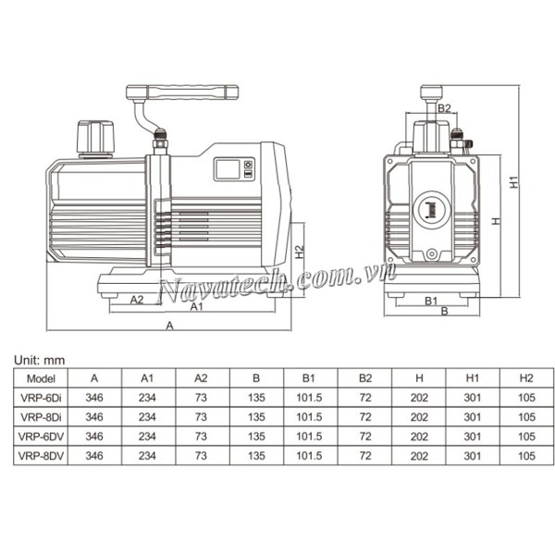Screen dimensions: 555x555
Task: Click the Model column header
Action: [x=42, y=377]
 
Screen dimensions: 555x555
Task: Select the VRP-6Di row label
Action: [x=42, y=397]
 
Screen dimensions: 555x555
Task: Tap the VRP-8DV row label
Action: [x=42, y=455]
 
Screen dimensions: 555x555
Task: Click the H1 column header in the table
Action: [x=473, y=377]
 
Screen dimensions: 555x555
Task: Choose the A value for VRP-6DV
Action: [x=93, y=436]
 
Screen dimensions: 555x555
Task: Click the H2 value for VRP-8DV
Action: [x=526, y=455]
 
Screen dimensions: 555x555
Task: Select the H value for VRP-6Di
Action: [x=419, y=397]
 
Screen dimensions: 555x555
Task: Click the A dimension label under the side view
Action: [x=168, y=326]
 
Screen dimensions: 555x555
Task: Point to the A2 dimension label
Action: [x=136, y=299]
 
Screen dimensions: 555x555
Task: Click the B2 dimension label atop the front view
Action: [x=444, y=109]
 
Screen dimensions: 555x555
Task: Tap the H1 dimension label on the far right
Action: [x=515, y=181]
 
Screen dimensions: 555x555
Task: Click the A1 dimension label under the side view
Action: [x=196, y=307]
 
